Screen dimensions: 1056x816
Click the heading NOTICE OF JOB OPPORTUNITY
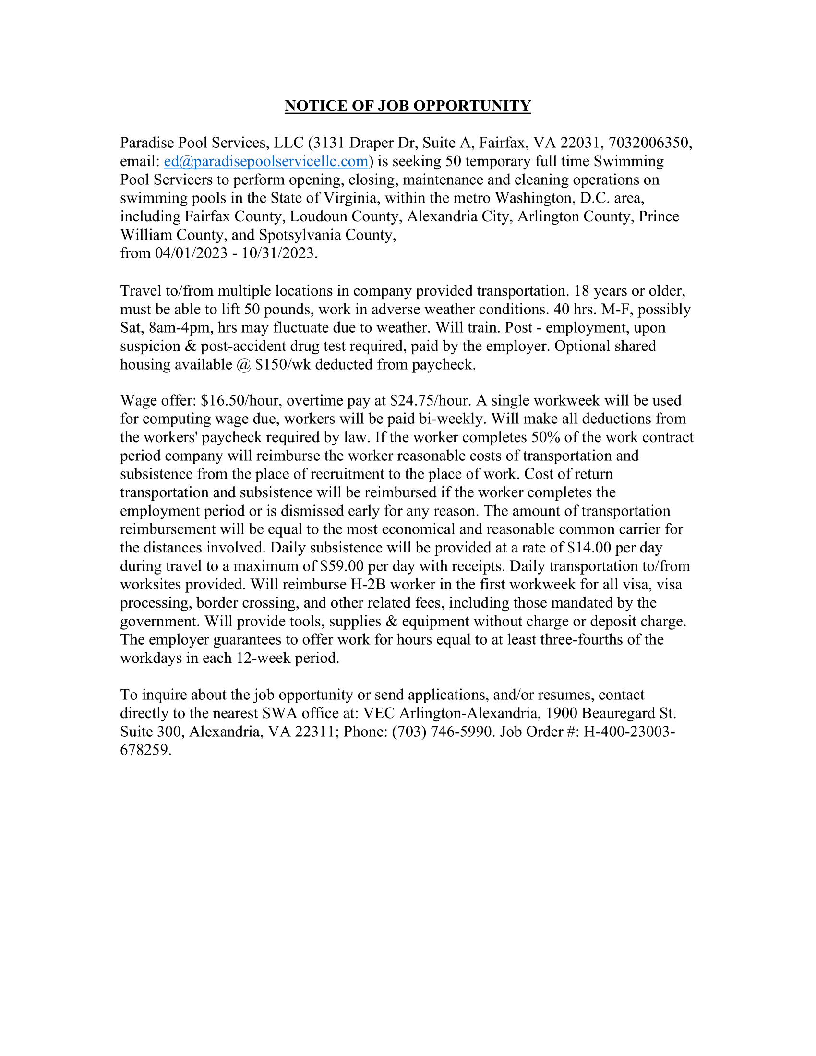[408, 106]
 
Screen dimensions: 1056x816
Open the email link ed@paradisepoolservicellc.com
[266, 161]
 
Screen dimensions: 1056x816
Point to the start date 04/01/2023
[191, 253]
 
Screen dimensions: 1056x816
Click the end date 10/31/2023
[278, 253]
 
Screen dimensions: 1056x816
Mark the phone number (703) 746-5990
[444, 732]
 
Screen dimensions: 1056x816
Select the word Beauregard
[618, 713]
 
